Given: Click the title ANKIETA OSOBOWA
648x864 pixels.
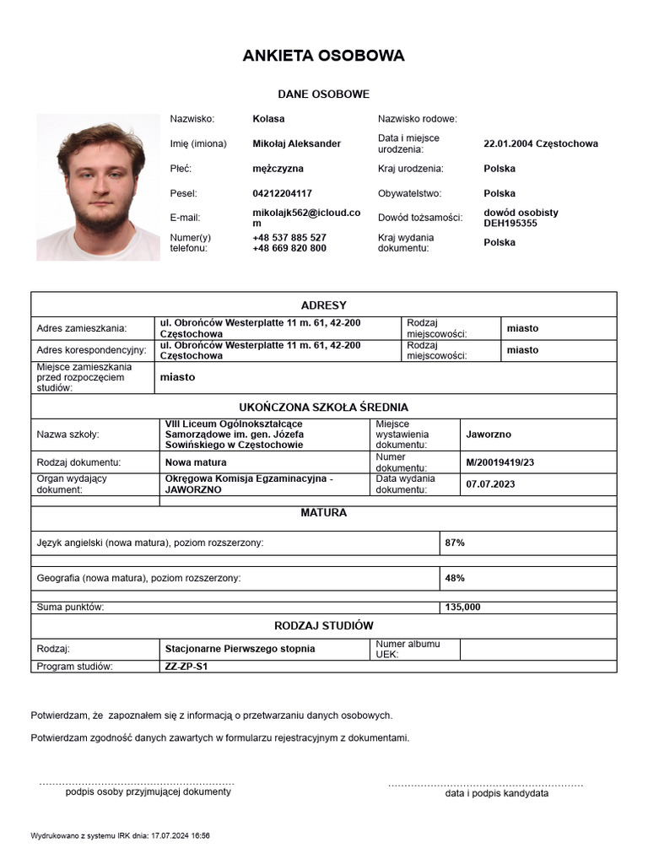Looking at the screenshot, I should tap(323, 56).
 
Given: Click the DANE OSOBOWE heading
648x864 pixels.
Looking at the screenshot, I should tap(323, 94).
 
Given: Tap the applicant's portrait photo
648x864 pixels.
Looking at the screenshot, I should tap(98, 187).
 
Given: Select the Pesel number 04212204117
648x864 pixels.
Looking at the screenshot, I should tap(282, 193).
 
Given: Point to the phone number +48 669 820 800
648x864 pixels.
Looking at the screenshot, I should tap(289, 248).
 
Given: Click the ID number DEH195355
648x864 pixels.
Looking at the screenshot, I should tap(510, 224).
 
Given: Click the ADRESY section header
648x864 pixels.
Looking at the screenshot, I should tap(323, 305).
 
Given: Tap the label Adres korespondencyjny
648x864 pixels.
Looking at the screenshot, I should tap(92, 350).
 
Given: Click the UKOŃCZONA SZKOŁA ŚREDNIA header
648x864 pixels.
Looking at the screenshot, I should tap(323, 407).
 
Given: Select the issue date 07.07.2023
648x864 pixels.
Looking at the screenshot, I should tap(490, 484).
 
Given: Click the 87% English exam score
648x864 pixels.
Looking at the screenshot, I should tap(455, 543).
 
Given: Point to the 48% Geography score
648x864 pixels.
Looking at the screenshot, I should tap(455, 578).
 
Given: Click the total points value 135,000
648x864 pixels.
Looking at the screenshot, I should tap(462, 607).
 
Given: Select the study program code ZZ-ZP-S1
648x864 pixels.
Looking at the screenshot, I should tap(186, 667).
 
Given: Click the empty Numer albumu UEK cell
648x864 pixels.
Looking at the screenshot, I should tap(537, 649).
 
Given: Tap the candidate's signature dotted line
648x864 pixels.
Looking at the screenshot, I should tap(485, 785).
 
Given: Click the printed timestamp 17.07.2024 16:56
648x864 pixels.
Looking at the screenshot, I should tap(181, 835).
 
